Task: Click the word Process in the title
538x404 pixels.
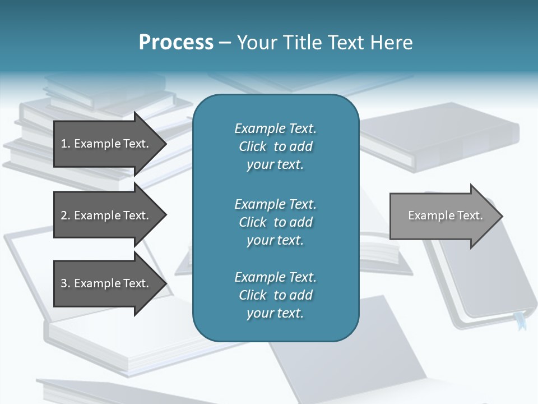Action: [176, 43]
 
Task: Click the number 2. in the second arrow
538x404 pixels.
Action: [66, 215]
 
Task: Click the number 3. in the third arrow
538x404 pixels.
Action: [66, 283]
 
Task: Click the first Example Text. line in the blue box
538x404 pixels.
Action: [275, 129]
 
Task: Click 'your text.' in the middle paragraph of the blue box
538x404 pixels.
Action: [275, 240]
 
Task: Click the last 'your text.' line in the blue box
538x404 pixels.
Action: [275, 314]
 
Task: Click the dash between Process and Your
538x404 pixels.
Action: [225, 43]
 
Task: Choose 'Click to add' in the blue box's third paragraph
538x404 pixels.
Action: [275, 295]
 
